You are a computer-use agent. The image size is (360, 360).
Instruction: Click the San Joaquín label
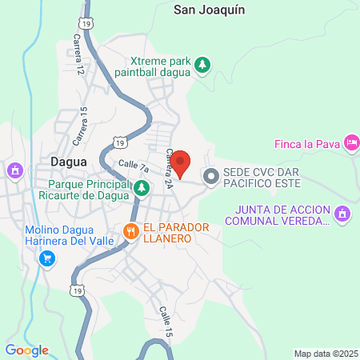[209, 10]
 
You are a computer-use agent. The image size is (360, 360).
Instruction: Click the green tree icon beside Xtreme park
[203, 65]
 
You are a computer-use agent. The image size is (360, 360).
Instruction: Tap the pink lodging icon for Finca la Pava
[350, 143]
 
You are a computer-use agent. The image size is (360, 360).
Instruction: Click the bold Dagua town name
[68, 161]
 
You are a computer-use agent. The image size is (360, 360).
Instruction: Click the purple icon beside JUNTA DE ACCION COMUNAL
[342, 214]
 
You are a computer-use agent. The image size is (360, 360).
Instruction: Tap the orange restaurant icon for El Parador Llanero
[131, 232]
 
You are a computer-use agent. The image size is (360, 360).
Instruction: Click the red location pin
[181, 163]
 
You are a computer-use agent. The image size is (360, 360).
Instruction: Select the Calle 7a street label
[134, 166]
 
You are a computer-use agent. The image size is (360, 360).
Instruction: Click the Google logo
[26, 350]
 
